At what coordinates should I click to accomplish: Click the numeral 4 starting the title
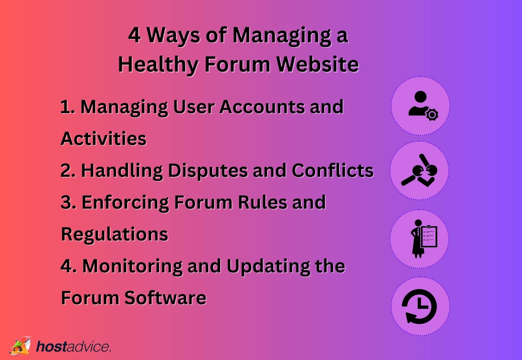pos(134,35)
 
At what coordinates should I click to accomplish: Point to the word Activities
pos(103,139)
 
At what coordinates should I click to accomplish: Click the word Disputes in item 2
pos(207,171)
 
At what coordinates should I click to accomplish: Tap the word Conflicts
pos(332,171)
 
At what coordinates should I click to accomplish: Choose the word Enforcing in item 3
pos(125,202)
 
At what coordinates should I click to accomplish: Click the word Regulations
pos(114,234)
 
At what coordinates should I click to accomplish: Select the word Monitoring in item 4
pos(132,266)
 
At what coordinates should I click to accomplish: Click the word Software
pos(165,298)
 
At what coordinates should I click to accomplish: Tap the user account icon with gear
pos(420,106)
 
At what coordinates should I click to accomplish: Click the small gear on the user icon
pos(432,114)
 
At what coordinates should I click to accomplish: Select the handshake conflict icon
pos(420,171)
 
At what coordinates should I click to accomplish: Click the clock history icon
pos(420,306)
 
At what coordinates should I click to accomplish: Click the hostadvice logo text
pos(73,346)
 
